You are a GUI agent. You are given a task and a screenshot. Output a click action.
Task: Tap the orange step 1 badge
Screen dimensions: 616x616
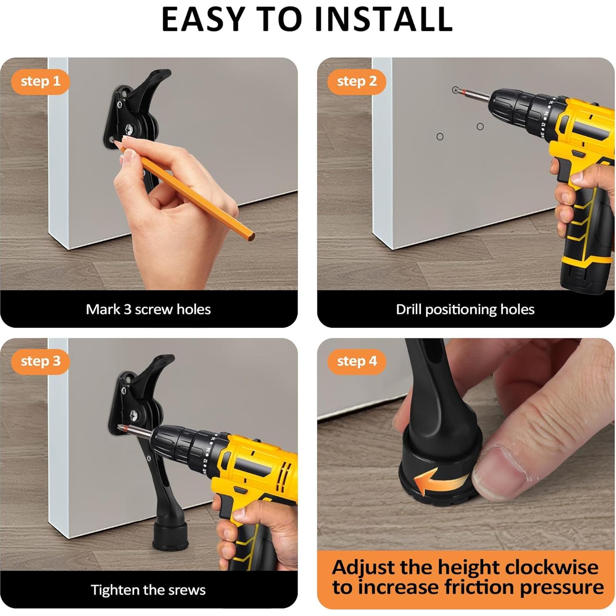tap(40, 81)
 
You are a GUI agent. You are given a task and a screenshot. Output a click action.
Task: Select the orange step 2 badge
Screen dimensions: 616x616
tap(357, 81)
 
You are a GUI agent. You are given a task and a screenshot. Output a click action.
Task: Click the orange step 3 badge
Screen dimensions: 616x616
tap(40, 361)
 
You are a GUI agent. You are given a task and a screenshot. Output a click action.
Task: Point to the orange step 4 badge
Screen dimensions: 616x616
tap(357, 361)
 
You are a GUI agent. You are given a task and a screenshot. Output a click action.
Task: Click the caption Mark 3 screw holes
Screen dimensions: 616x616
tap(148, 309)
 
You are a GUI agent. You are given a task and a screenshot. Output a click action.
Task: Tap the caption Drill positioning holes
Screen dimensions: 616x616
tap(465, 309)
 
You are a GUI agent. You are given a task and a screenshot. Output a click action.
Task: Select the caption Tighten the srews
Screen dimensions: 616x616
tap(148, 590)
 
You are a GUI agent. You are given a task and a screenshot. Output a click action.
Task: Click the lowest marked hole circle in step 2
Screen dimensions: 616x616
tap(440, 136)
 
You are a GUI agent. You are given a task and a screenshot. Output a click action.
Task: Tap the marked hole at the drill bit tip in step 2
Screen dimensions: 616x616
tap(455, 90)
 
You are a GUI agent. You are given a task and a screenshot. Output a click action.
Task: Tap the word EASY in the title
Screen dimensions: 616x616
tap(203, 19)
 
